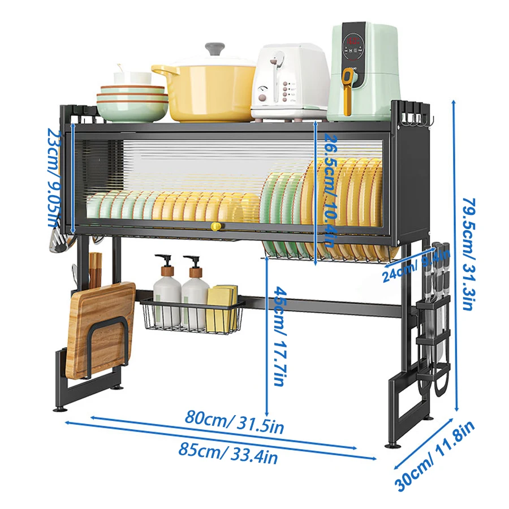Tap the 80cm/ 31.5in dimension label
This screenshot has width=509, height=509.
click(234, 422)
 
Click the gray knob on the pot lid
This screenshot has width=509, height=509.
click(215, 49)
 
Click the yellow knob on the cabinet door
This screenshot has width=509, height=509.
click(215, 226)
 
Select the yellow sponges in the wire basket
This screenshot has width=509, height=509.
click(222, 309)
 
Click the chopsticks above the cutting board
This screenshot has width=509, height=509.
click(94, 269)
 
